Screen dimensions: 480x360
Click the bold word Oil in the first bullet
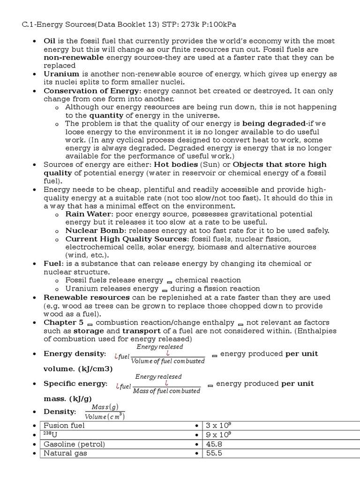coord(50,41)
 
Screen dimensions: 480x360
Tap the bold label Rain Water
coord(87,214)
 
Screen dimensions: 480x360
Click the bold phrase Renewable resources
coord(87,297)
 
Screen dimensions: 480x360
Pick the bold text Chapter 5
coord(64,322)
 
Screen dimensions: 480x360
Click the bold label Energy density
coord(75,354)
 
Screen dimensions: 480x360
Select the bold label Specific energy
coord(75,383)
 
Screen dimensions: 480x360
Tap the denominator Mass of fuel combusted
coord(166,391)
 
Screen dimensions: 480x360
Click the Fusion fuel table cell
coord(64,426)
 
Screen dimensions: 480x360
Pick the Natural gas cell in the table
coord(65,453)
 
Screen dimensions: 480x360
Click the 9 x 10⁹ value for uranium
coord(218,435)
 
